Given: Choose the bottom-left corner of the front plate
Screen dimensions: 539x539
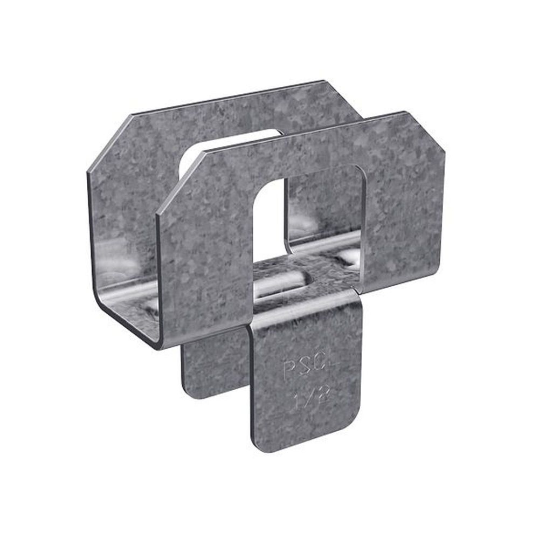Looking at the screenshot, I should click(x=162, y=345).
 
